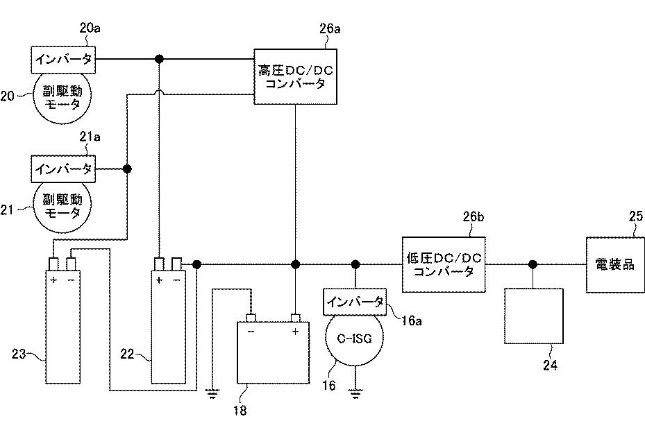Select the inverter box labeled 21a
click(63, 169)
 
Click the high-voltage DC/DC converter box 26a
click(296, 77)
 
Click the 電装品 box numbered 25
click(615, 264)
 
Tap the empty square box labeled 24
click(533, 316)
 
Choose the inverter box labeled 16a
click(355, 302)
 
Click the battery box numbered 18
click(274, 352)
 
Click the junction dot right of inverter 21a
click(127, 169)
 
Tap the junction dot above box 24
click(533, 264)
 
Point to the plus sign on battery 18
click(296, 332)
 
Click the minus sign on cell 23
click(71, 280)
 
